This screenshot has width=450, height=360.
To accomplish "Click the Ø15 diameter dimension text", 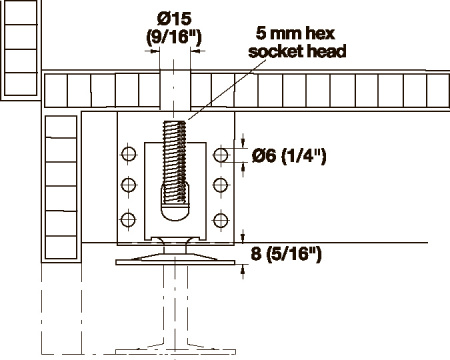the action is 174,19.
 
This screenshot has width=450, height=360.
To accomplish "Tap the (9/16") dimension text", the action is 174,37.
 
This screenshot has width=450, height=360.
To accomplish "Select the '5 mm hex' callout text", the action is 295,33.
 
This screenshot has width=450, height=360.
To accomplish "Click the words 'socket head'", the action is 297,51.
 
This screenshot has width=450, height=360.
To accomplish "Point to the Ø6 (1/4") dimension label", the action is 289,155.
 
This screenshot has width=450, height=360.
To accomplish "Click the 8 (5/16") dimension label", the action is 286,254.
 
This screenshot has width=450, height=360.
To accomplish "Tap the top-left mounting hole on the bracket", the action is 129,154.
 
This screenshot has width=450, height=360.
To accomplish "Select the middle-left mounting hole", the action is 129,185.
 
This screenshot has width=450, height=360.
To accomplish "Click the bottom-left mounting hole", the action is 128,220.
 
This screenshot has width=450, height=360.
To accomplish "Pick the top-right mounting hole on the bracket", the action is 220,155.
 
